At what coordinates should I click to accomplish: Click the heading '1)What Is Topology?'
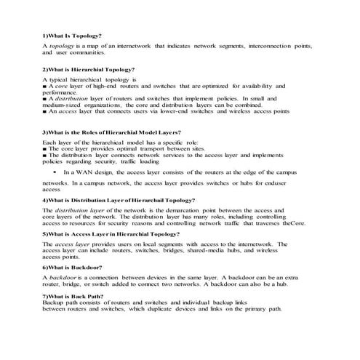pyautogui.click(x=72, y=36)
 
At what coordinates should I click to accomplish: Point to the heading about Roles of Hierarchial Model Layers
pyautogui.click(x=111, y=132)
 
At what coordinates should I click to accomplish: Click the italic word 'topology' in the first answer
pyautogui.click(x=60, y=46)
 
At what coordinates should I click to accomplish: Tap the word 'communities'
pyautogui.click(x=86, y=53)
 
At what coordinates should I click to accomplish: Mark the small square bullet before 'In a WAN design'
pyautogui.click(x=56, y=172)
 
